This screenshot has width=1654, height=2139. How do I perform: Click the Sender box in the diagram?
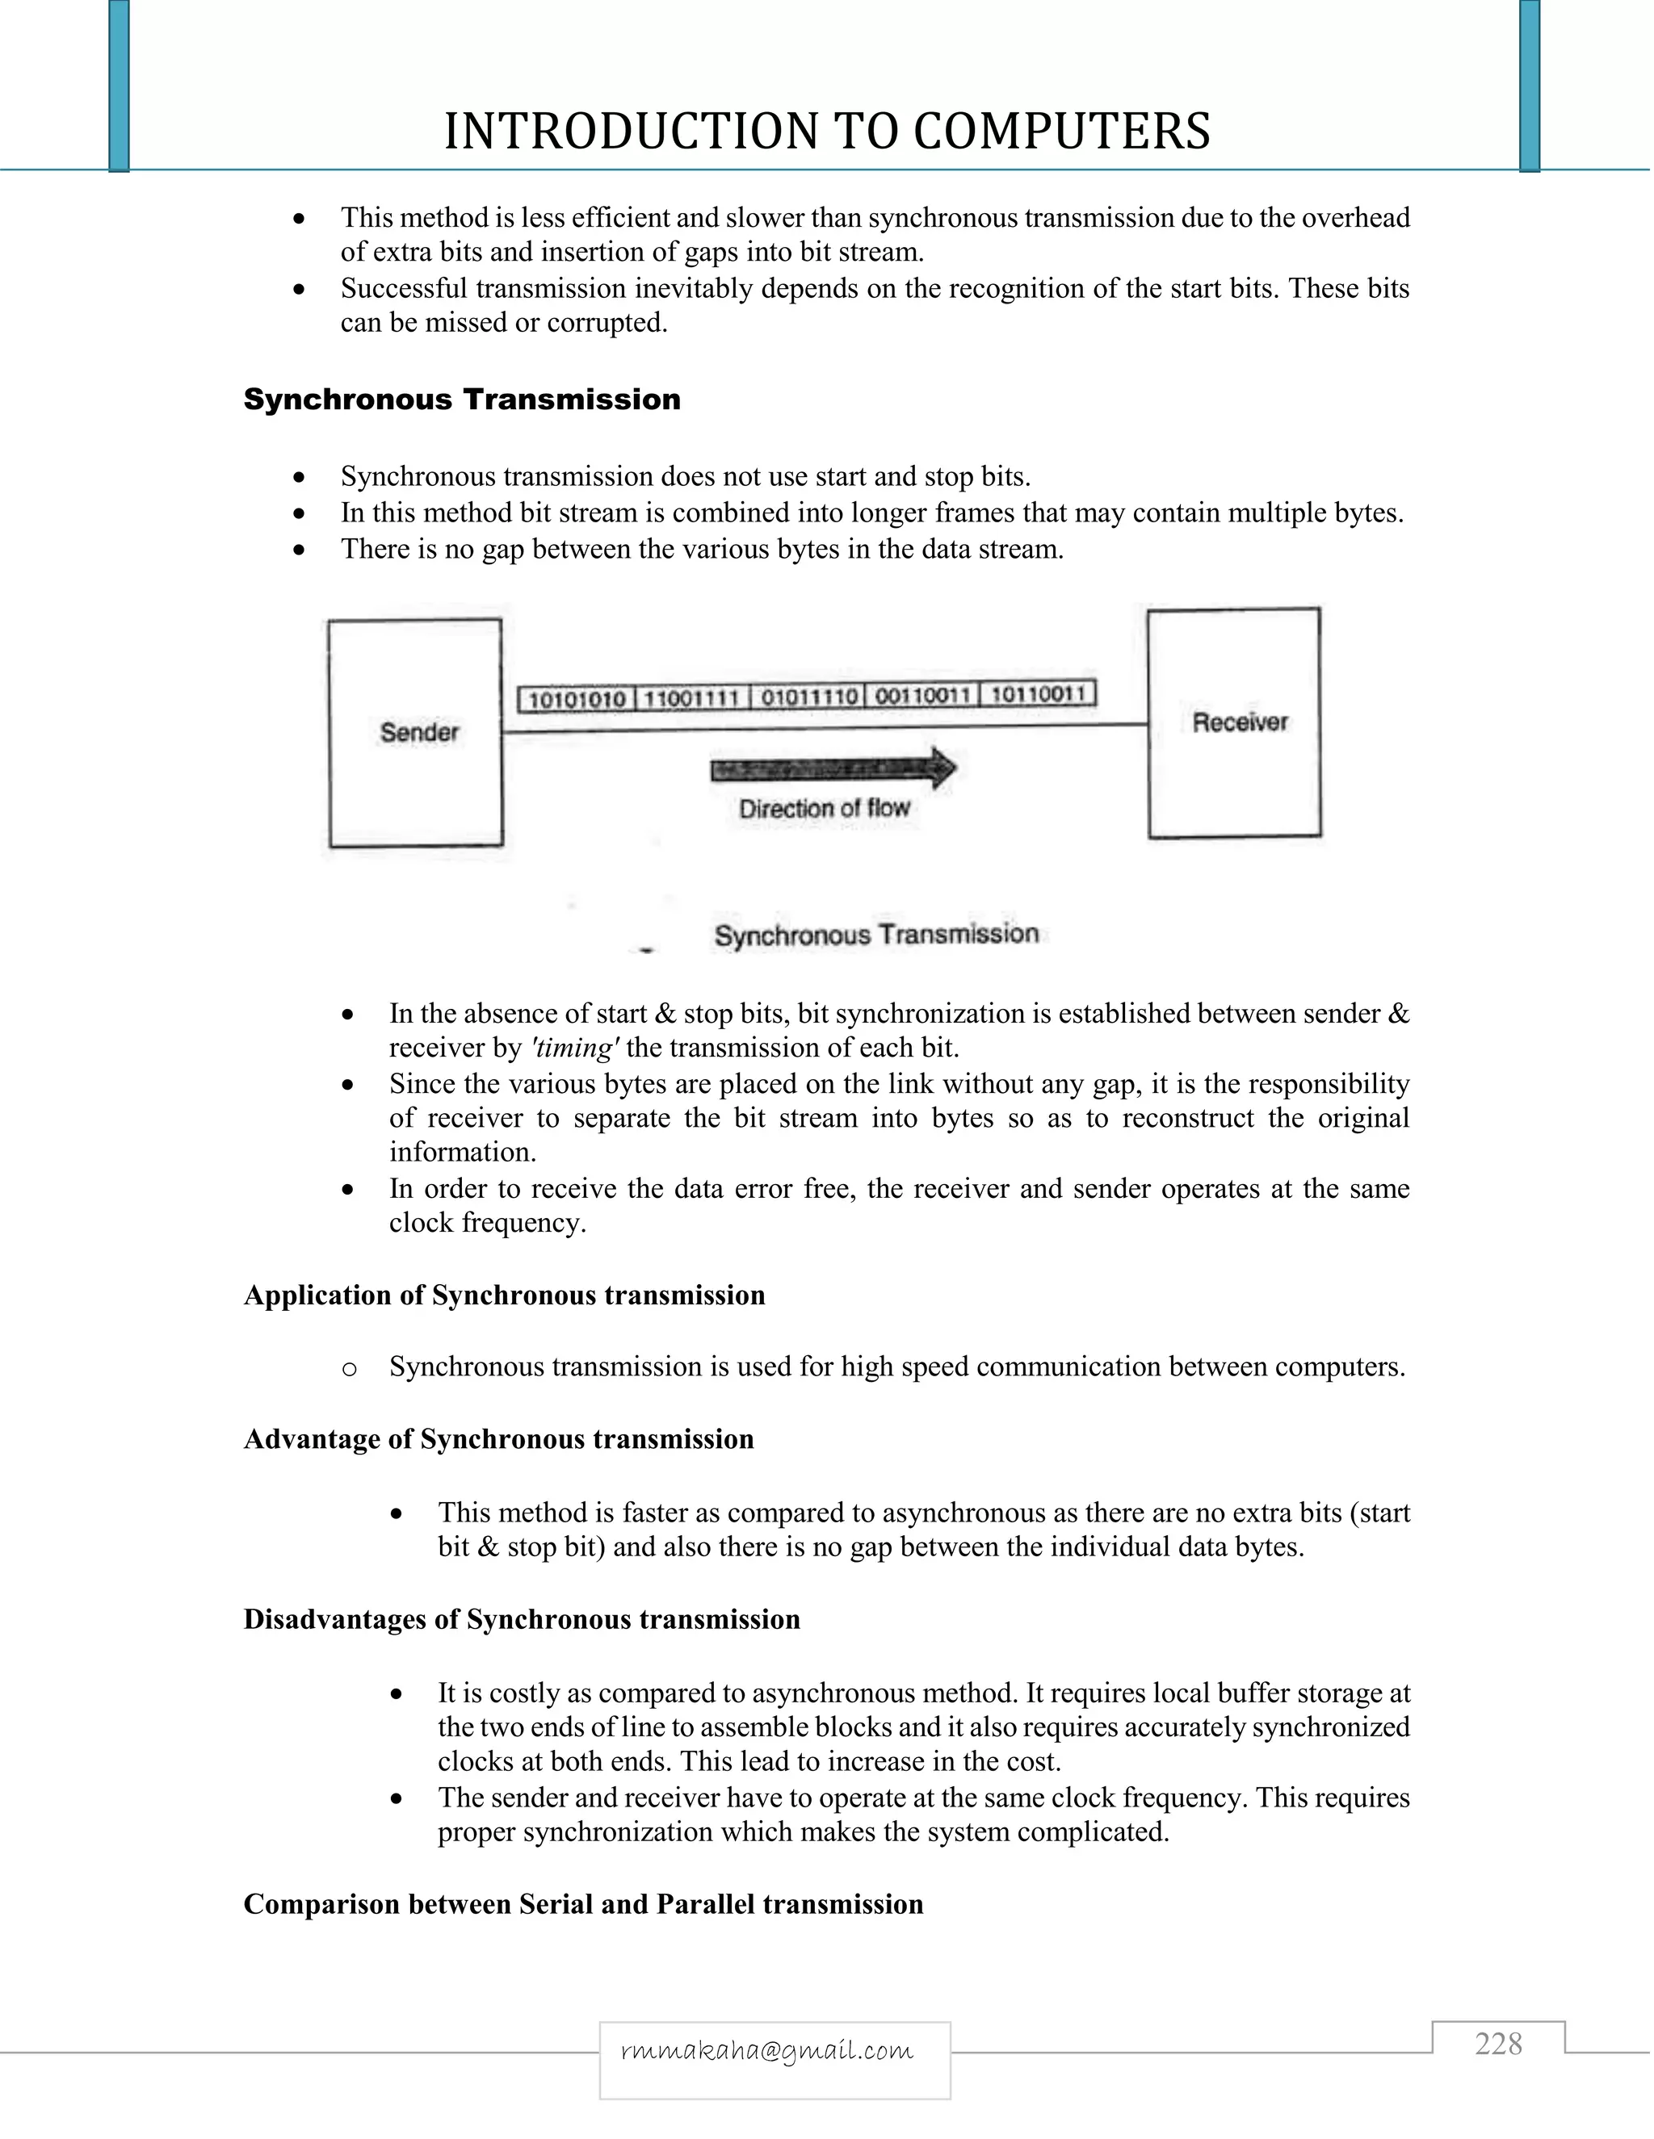click(417, 733)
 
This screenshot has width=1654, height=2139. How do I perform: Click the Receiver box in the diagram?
click(1235, 722)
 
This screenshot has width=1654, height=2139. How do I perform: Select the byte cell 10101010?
click(577, 698)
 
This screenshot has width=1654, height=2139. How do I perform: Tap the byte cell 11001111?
click(692, 697)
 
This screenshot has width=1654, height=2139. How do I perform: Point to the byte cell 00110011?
click(923, 695)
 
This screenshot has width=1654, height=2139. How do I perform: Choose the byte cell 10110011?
click(1038, 694)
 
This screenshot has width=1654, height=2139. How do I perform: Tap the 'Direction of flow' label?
click(824, 809)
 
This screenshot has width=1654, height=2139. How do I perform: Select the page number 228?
click(1498, 2045)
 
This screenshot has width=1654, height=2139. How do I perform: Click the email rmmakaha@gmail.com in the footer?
click(767, 2051)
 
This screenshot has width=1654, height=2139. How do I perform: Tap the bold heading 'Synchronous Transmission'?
click(461, 400)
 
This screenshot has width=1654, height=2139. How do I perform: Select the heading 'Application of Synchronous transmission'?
click(504, 1295)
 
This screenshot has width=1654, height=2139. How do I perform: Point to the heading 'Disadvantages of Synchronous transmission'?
click(521, 1620)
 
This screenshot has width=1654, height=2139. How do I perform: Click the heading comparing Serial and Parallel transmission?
click(583, 1904)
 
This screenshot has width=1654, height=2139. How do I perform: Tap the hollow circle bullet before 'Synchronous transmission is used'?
click(349, 1369)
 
